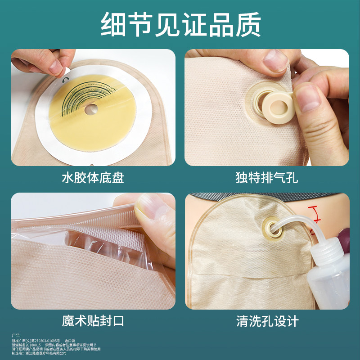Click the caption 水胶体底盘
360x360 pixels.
coord(93,178)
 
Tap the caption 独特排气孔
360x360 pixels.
coord(267,178)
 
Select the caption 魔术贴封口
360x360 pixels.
coord(93,321)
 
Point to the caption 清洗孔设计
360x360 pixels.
coord(267,321)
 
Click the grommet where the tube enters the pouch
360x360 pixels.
coord(271,225)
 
